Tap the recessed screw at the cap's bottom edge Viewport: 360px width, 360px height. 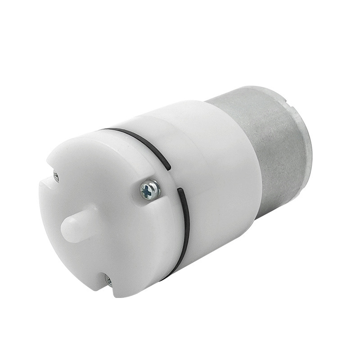tap(108, 280)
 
